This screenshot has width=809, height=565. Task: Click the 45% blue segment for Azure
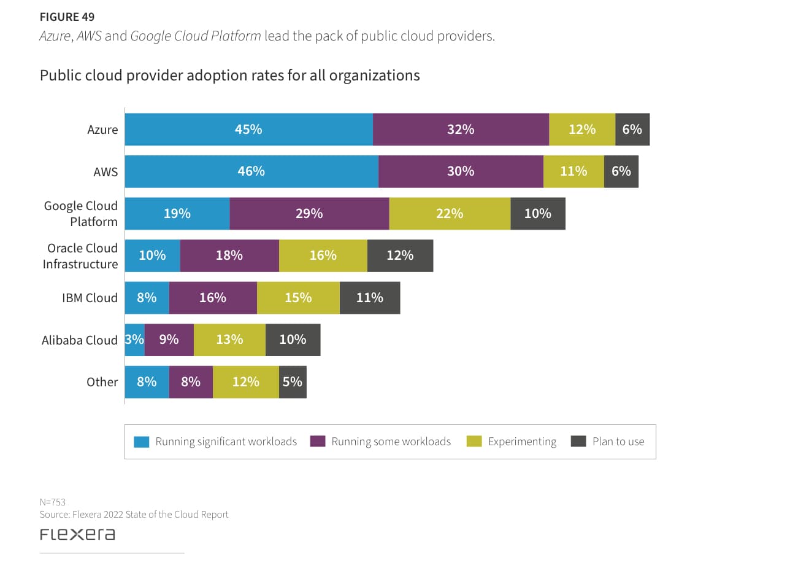click(x=249, y=130)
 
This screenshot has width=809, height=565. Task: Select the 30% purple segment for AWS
click(x=461, y=171)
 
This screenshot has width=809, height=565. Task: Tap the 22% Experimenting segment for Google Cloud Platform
click(x=450, y=214)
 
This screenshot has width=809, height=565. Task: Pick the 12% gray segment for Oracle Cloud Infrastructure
click(x=400, y=255)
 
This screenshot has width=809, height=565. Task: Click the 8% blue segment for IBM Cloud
click(x=147, y=298)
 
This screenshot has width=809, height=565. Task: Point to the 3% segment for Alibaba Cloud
click(x=135, y=340)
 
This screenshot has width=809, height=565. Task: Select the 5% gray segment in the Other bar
click(x=293, y=382)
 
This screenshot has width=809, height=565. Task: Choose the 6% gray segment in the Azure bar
click(x=633, y=130)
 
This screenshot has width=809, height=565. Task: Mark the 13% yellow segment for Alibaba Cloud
click(x=230, y=340)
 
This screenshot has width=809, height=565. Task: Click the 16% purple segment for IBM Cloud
click(x=213, y=298)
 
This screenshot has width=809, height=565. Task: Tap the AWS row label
click(x=105, y=172)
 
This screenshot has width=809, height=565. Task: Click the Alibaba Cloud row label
click(x=80, y=340)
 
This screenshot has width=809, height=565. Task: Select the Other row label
click(x=102, y=382)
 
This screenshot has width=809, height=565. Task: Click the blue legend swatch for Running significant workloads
click(x=141, y=442)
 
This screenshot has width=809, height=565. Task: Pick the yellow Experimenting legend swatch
click(x=474, y=442)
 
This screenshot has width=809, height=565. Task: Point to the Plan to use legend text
click(x=618, y=442)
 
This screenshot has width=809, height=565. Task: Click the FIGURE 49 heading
click(x=67, y=17)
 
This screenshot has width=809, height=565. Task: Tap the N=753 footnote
click(x=53, y=502)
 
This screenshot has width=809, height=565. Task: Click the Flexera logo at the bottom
click(x=77, y=534)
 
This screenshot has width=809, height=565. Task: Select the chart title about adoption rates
click(x=230, y=76)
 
